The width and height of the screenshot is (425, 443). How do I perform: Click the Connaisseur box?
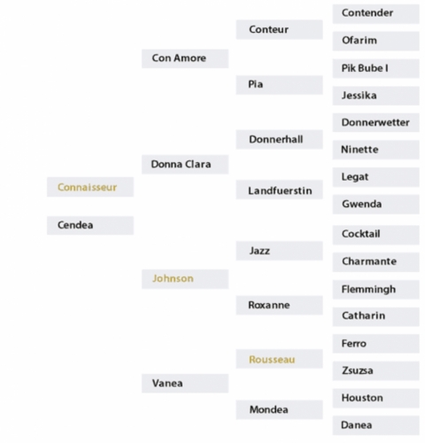pos(90,187)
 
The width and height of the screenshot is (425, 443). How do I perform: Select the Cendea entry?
pos(90,225)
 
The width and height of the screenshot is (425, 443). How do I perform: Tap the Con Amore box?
pos(185,58)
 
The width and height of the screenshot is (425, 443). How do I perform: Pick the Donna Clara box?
pos(185,164)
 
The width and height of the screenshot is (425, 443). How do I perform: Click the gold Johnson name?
pos(173,278)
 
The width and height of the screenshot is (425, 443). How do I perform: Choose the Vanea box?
pos(185,384)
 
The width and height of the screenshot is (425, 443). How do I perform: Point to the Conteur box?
pos(279,29)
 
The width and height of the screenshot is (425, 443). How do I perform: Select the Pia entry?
pos(279,85)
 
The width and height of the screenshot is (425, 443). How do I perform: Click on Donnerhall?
pos(279,139)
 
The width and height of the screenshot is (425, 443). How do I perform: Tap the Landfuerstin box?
pos(279,190)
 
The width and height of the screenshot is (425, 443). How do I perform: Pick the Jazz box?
pos(279,251)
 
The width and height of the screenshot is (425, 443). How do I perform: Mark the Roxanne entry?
pos(279,305)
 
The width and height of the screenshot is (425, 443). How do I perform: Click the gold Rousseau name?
pos(272,360)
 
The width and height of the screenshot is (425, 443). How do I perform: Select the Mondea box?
pos(279,409)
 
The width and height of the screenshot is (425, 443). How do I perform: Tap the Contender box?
pos(375,13)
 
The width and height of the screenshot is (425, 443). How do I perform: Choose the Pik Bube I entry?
pos(375,68)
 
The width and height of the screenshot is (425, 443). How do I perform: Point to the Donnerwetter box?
pos(375,122)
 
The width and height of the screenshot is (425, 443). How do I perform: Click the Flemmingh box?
pos(375,290)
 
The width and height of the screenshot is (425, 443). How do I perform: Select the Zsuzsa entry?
pos(375,370)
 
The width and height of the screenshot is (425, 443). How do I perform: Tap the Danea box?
pos(375,425)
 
